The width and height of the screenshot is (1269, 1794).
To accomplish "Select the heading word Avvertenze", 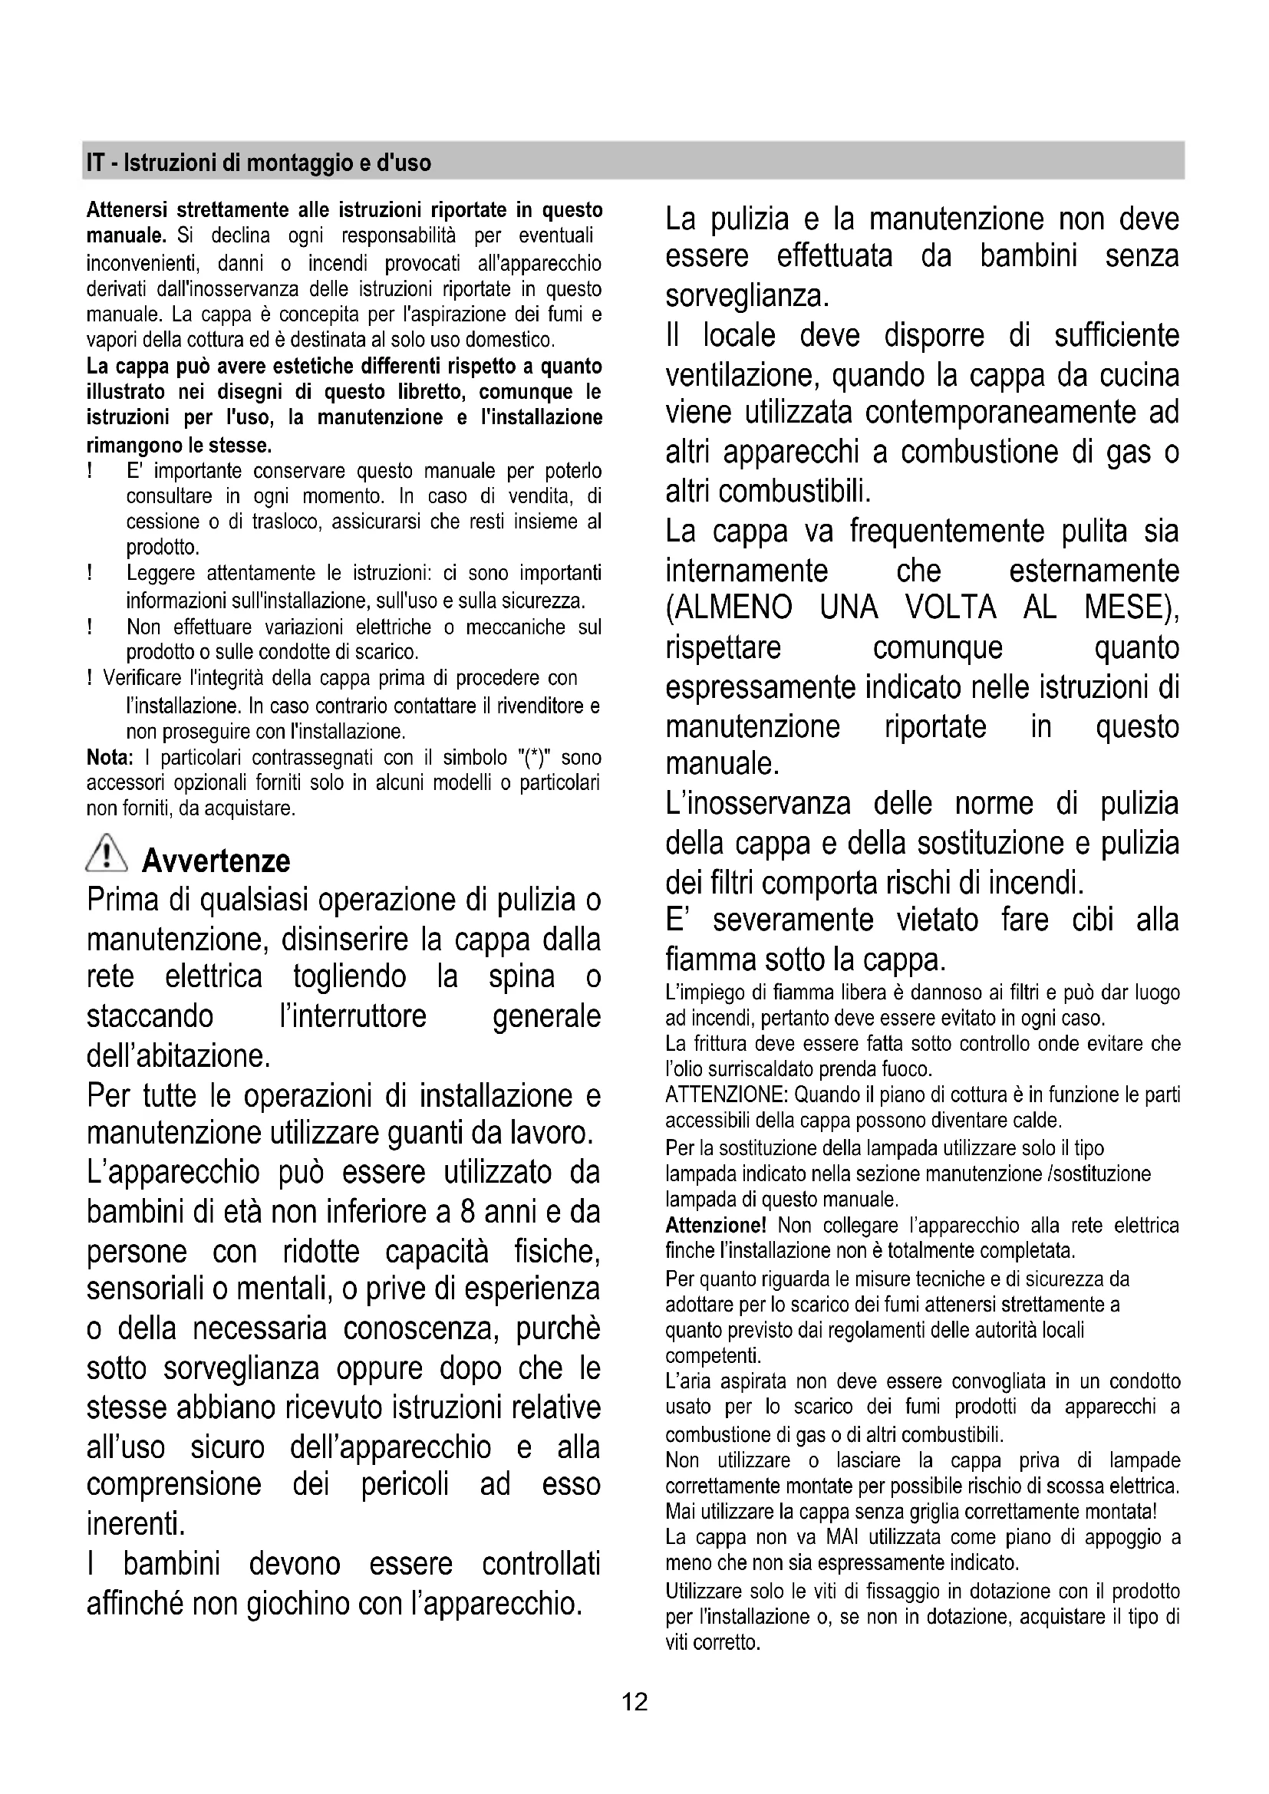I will [x=216, y=861].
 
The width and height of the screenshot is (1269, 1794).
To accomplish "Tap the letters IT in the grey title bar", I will [x=95, y=163].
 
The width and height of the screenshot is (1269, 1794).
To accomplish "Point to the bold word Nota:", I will [x=110, y=758].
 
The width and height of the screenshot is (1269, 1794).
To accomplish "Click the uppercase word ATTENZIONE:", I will [x=727, y=1095].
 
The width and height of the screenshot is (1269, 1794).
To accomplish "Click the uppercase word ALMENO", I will [x=728, y=608].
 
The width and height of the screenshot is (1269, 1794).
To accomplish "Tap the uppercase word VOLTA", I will [x=949, y=608].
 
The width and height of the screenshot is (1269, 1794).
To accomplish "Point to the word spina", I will [x=521, y=977].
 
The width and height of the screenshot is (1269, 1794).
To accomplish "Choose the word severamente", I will [x=793, y=920].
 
